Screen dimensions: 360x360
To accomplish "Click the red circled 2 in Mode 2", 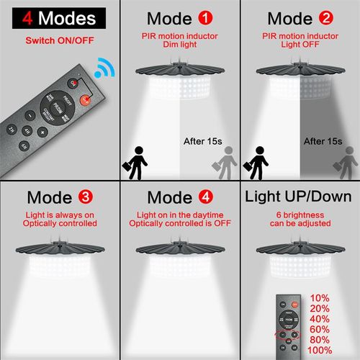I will point(328,18).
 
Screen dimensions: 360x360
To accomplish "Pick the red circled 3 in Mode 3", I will point(85,197).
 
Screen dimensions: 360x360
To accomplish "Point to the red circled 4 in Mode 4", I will point(207,197).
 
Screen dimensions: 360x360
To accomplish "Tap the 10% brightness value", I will point(319,297).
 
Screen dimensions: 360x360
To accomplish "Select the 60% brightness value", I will point(320,329).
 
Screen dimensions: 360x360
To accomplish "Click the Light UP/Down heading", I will point(298,197).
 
